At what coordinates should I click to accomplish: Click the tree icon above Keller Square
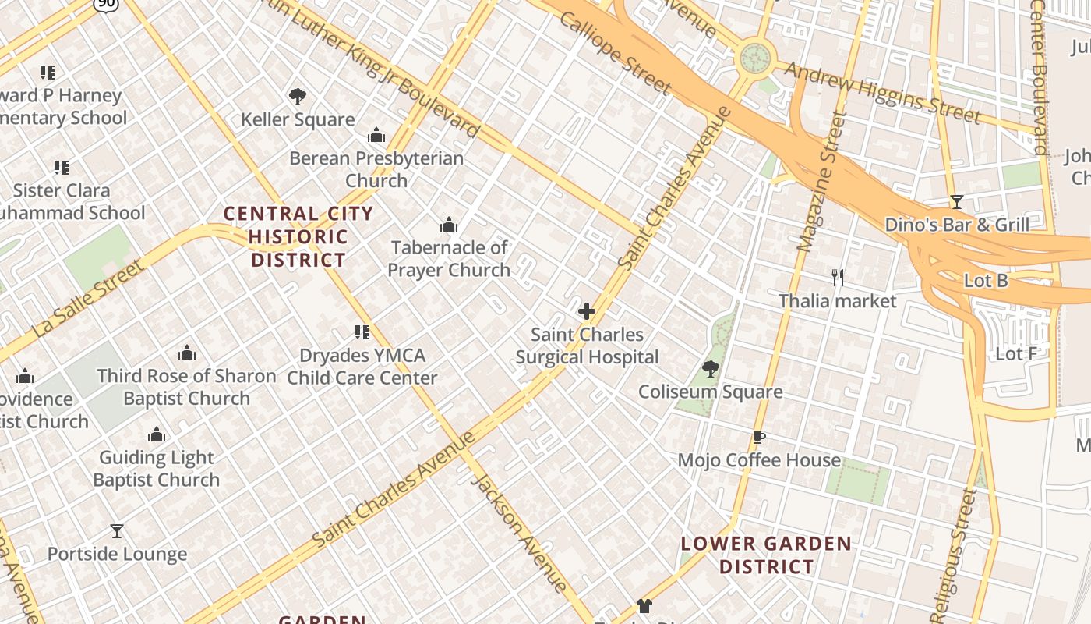297,97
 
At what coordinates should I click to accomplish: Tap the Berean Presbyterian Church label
376,169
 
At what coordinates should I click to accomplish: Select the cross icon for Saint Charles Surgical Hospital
587,311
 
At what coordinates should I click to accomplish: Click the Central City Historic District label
298,236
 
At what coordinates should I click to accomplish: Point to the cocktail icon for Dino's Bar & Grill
957,202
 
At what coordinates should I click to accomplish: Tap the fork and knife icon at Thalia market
838,277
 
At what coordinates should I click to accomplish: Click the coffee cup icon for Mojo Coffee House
759,437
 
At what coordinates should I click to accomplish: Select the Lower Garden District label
767,555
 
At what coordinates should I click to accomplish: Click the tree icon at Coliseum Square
710,368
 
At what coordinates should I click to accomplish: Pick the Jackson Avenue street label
520,533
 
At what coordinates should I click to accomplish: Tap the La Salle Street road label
87,300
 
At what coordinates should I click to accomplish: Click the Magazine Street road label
817,182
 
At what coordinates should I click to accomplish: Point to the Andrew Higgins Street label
882,92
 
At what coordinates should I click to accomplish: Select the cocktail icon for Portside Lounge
117,531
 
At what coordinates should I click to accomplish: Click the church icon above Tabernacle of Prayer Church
448,225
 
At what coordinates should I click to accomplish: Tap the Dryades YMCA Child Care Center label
362,367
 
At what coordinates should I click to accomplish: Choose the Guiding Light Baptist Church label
156,469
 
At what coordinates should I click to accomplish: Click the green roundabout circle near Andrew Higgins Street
754,57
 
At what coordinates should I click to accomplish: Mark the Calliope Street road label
616,52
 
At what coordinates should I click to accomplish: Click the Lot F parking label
1016,354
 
